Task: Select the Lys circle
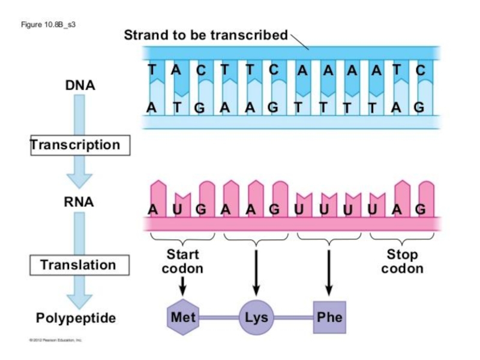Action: tap(257, 316)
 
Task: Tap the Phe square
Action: tap(329, 316)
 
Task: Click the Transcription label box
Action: tap(76, 145)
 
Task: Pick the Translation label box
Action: tap(78, 265)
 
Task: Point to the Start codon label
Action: tap(182, 261)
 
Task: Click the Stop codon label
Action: tap(402, 261)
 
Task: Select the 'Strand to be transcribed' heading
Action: tap(206, 35)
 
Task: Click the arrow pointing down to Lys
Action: tap(256, 270)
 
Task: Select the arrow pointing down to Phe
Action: tap(329, 270)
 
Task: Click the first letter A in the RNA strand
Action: tap(153, 209)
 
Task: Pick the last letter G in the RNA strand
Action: tap(421, 209)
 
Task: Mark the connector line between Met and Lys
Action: tap(220, 316)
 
